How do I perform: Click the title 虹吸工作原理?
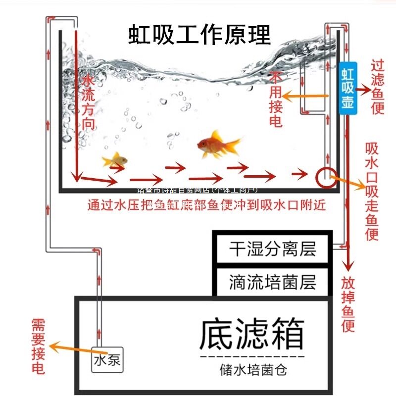199,35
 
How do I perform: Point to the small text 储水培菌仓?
253,369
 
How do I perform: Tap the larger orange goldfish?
217,145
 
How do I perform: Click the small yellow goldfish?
115,159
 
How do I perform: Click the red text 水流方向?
88,102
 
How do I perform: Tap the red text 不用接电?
275,99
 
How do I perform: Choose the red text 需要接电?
38,346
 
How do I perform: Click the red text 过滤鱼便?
378,87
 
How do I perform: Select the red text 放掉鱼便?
348,304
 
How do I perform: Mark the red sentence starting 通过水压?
206,204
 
